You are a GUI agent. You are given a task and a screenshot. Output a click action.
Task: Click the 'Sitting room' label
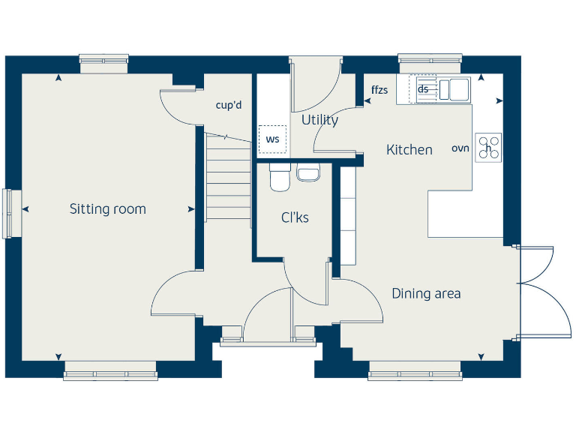tap(107, 209)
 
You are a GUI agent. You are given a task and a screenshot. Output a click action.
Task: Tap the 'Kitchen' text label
tap(409, 150)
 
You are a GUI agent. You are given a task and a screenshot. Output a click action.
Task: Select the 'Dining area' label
tap(426, 293)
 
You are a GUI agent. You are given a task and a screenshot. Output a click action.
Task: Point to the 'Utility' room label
tap(319, 120)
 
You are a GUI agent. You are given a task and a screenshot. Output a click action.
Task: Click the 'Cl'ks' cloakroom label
tap(295, 218)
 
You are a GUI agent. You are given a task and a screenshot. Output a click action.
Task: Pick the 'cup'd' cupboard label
tap(229, 105)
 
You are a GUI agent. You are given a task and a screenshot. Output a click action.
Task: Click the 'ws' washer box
tap(272, 139)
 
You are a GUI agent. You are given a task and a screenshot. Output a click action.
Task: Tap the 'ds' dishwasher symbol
tap(423, 89)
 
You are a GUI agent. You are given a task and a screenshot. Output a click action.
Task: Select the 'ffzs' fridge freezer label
tap(379, 91)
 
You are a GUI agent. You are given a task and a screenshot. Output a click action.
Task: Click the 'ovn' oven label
tap(460, 148)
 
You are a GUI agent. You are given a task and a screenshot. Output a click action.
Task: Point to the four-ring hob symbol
tap(489, 147)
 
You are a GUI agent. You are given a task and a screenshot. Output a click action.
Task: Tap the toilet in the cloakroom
tap(279, 178)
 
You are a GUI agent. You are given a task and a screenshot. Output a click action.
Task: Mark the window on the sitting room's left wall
tap(7, 213)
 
